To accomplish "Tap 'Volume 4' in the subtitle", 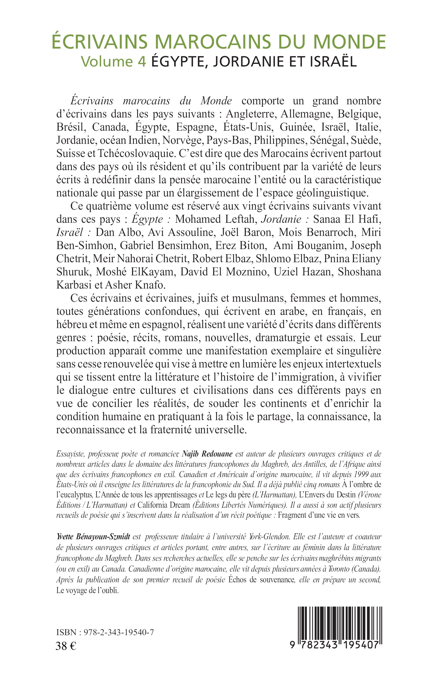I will click(113, 61).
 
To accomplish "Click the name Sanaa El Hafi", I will click(347, 219).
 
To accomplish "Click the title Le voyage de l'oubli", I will click(87, 591).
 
